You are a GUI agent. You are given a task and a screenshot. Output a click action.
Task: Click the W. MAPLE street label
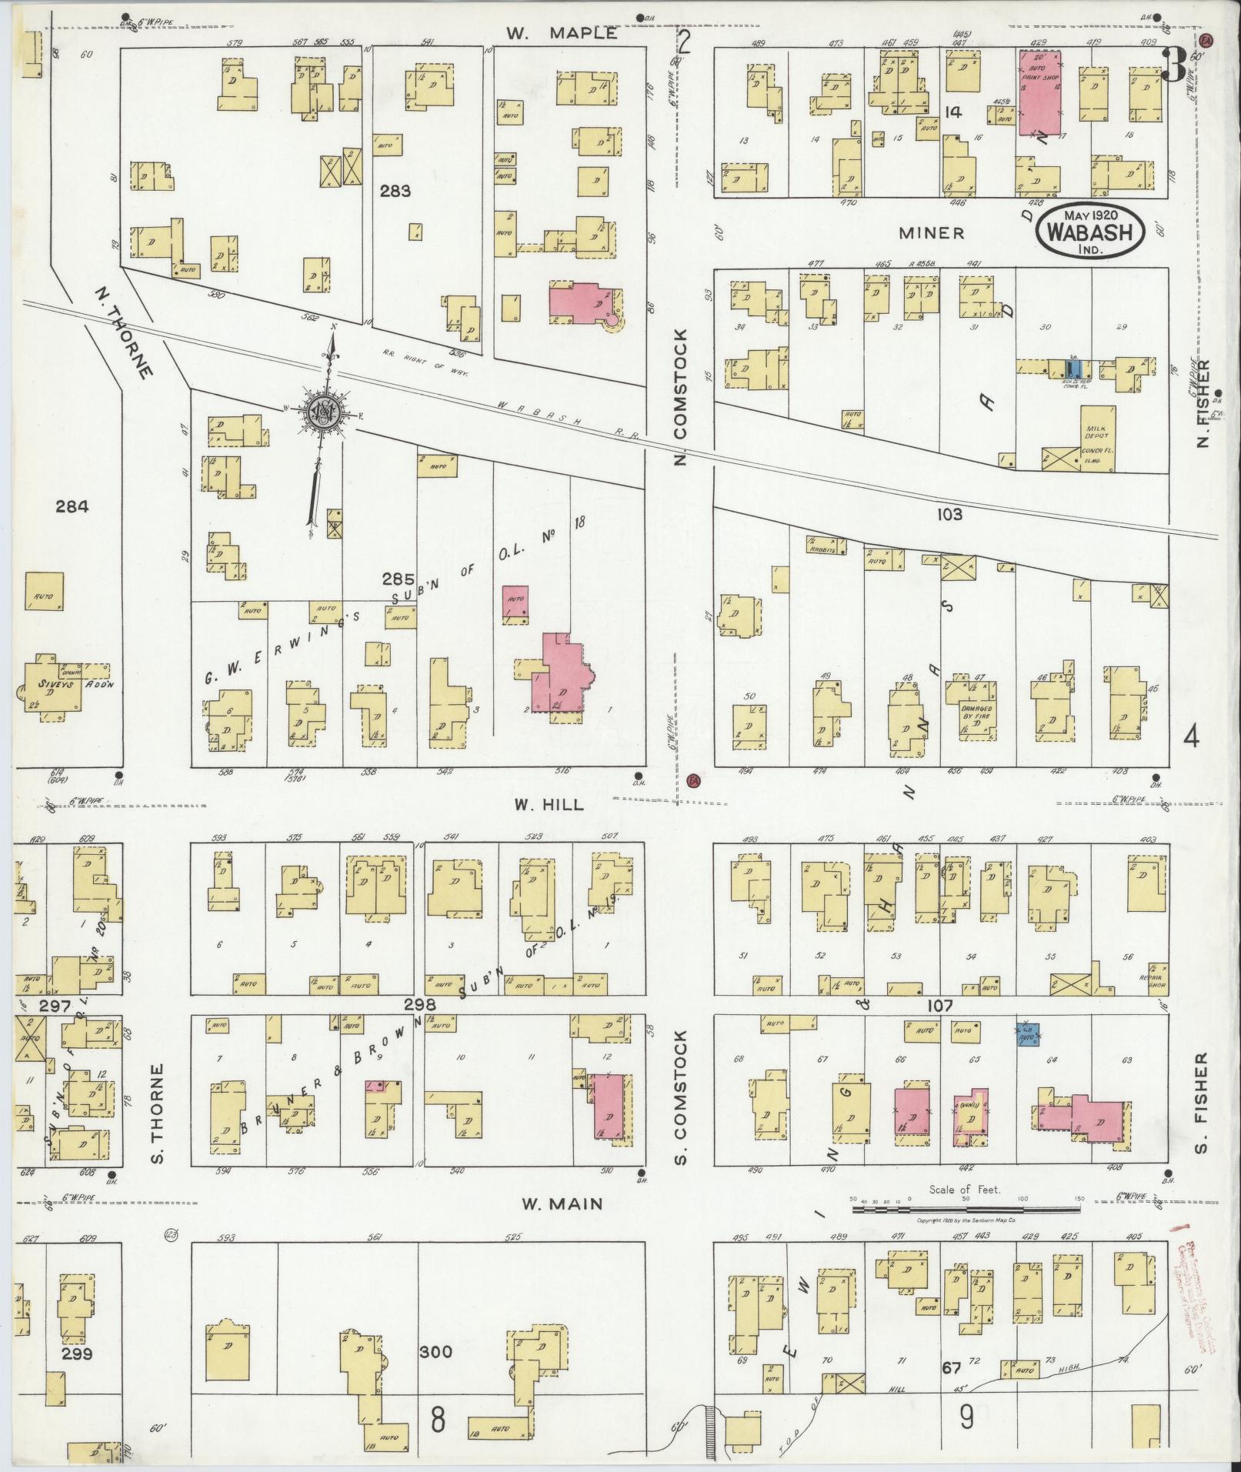point(562,33)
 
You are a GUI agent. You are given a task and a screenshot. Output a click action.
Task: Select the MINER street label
point(931,232)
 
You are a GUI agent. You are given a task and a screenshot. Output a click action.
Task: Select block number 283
point(395,191)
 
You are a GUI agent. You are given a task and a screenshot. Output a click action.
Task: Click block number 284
point(72,506)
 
